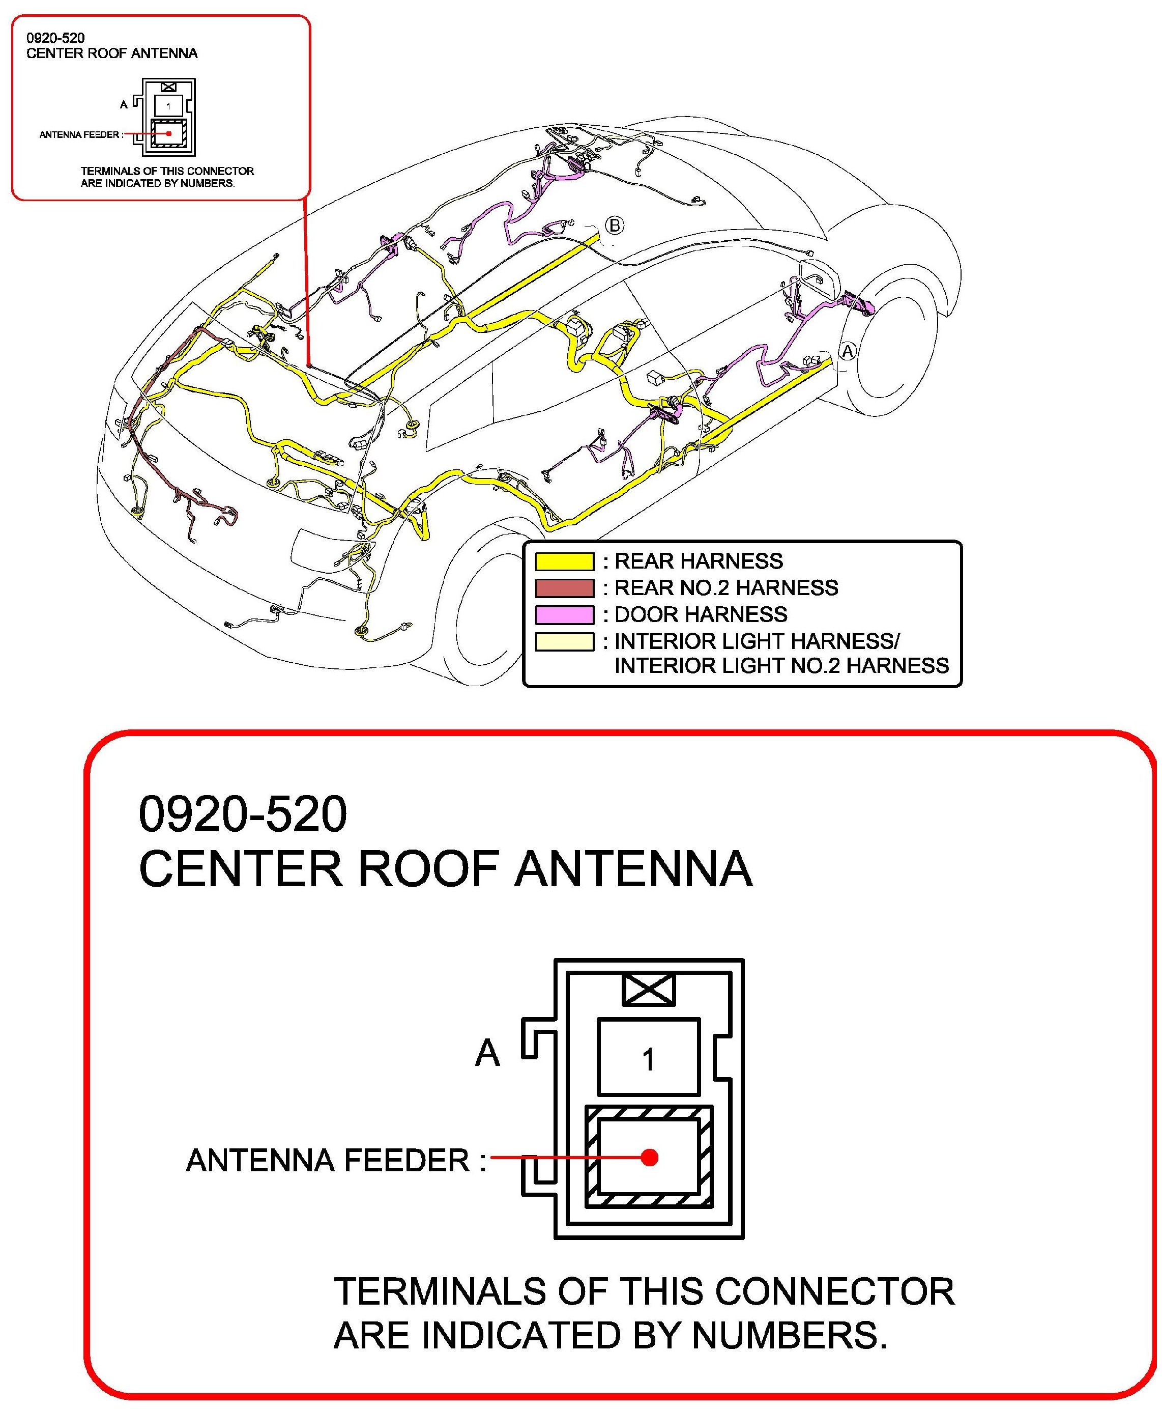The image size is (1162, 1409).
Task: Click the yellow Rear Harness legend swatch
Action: (564, 561)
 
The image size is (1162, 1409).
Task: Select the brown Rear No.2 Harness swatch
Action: (564, 588)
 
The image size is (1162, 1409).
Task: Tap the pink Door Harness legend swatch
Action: (564, 615)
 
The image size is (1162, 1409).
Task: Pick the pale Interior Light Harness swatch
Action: (564, 641)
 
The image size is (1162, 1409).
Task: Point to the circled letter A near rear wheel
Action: (848, 351)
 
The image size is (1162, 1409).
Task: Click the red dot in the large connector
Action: (649, 1157)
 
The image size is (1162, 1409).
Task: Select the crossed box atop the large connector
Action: (648, 990)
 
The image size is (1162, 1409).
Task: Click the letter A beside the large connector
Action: (487, 1053)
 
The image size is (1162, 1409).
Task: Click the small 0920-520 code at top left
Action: (55, 38)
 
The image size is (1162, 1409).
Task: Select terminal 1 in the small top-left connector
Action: (168, 106)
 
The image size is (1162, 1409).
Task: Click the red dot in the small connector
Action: (170, 133)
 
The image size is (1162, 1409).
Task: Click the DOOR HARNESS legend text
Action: (701, 615)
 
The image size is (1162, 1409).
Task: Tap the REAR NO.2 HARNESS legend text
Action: (727, 588)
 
